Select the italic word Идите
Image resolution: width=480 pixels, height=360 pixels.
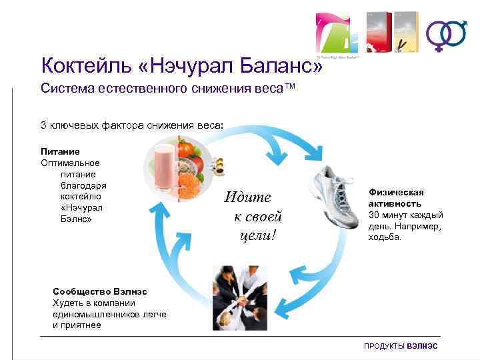(x=248, y=197)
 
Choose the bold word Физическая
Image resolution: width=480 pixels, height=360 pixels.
(x=396, y=193)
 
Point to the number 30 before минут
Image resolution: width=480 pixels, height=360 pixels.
(x=375, y=215)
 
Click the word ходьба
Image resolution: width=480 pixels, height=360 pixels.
(x=385, y=237)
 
